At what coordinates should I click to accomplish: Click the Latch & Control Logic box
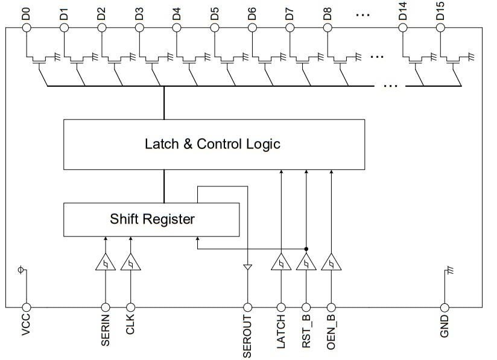tap(214, 144)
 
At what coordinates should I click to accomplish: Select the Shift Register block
tap(151, 219)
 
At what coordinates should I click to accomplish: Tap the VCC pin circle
tap(26, 307)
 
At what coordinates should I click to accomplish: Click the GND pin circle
tap(445, 307)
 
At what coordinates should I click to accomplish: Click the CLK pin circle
tap(130, 307)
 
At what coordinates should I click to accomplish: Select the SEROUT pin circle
tap(247, 307)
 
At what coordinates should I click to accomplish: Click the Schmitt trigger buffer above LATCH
tap(281, 263)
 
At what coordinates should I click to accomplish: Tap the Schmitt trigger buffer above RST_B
tap(306, 263)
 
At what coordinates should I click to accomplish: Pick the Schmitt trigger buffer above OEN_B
tap(331, 263)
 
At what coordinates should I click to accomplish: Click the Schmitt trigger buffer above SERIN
tap(106, 263)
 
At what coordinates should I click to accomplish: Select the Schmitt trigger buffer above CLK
tap(130, 263)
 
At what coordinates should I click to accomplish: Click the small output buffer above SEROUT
tap(247, 266)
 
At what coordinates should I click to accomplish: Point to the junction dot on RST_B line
tap(306, 248)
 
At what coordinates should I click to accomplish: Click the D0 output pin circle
tap(26, 27)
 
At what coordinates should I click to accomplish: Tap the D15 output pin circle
tap(441, 27)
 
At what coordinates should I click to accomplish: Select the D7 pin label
tap(290, 13)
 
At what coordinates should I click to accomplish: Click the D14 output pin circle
tap(404, 27)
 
